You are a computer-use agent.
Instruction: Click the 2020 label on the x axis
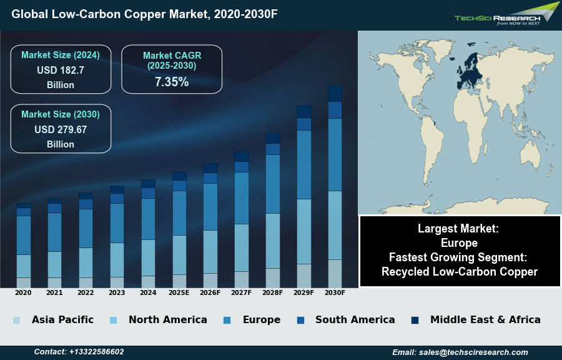23,292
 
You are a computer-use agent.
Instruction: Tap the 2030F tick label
335,292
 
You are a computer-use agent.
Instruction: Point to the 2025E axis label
179,292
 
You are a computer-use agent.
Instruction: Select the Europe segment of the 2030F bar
335,154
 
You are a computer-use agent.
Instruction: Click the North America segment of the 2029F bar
304,231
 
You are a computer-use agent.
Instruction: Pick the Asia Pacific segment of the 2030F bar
335,273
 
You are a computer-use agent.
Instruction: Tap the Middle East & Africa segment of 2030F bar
335,93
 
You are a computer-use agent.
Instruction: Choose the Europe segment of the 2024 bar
148,219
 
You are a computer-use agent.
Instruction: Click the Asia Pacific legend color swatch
16,320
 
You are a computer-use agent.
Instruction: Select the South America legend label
355,320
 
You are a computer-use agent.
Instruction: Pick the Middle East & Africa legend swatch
415,320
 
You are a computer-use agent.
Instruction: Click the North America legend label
167,320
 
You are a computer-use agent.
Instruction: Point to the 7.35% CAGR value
171,81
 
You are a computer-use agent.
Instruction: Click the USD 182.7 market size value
60,70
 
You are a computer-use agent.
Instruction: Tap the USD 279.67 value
61,130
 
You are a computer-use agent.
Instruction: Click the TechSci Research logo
506,14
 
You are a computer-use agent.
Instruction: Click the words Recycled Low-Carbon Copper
460,271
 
